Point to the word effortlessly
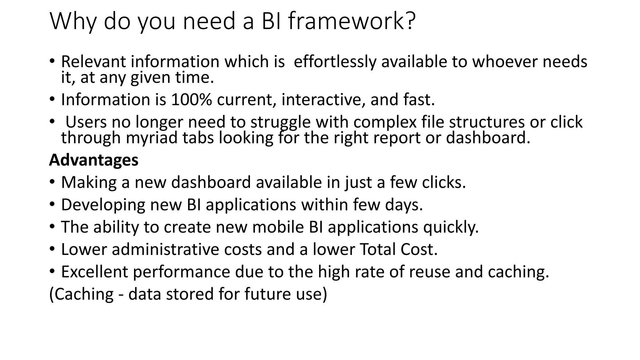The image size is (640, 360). [x=335, y=62]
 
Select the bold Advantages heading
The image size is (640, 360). [x=94, y=160]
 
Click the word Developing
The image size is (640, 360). [x=103, y=205]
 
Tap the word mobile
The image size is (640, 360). [x=278, y=227]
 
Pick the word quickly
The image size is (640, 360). [x=451, y=227]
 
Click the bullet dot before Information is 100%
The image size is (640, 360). [x=52, y=100]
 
